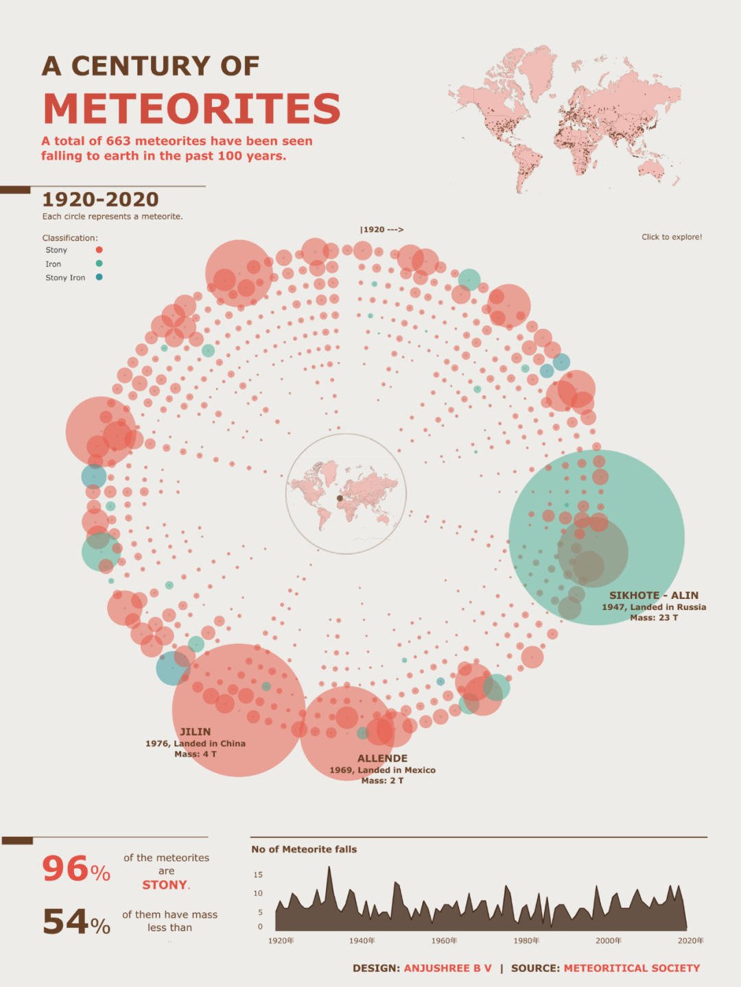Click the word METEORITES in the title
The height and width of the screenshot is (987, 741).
click(192, 108)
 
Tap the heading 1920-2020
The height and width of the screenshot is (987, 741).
click(100, 199)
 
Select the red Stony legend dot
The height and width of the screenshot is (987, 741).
click(99, 250)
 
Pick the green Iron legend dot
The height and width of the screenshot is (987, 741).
click(99, 264)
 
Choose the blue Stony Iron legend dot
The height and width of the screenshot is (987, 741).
click(99, 278)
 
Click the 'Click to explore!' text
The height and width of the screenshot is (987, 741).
click(672, 237)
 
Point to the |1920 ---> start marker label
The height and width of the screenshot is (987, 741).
click(381, 230)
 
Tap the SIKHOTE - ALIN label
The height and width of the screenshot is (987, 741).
click(654, 596)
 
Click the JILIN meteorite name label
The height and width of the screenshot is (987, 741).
click(196, 732)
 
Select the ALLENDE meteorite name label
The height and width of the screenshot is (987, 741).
click(382, 759)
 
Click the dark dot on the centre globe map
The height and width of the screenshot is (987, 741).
click(340, 498)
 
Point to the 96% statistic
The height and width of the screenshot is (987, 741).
click(75, 870)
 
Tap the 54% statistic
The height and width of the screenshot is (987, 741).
click(75, 923)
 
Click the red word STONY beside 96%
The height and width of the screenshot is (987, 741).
click(165, 885)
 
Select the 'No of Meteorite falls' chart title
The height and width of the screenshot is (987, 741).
click(304, 849)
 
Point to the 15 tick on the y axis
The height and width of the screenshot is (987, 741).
click(258, 875)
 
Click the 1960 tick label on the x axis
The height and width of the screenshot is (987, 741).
click(444, 941)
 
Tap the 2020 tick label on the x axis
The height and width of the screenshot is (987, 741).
click(690, 941)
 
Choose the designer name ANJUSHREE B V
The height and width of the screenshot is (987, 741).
click(447, 968)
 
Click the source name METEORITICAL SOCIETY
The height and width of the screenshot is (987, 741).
click(632, 968)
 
